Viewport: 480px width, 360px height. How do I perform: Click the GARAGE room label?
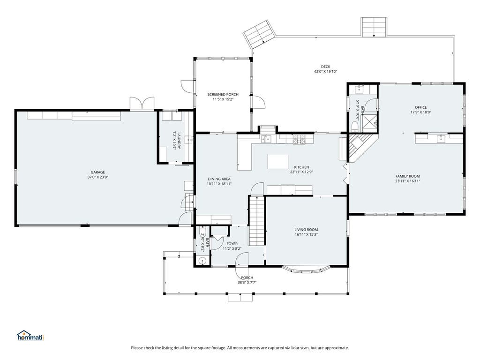(x=97, y=172)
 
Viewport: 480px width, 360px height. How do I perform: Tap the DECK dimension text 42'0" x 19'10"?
(x=325, y=72)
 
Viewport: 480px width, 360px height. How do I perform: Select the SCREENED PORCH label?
(x=223, y=94)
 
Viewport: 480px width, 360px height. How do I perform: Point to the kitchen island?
(x=278, y=161)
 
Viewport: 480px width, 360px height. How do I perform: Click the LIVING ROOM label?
(x=306, y=230)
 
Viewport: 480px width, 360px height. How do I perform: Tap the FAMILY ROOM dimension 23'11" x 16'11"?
(x=407, y=181)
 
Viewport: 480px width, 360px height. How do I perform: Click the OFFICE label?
(x=420, y=107)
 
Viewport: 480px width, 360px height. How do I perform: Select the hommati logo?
(x=30, y=336)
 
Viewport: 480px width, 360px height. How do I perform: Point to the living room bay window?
(x=306, y=270)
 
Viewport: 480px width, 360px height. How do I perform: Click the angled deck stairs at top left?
(x=259, y=34)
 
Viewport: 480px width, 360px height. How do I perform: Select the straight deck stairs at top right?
(x=374, y=27)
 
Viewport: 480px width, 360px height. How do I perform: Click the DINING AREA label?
(x=219, y=179)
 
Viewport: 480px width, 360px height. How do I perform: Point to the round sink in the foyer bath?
(x=202, y=261)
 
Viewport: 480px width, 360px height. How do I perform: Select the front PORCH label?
(x=247, y=277)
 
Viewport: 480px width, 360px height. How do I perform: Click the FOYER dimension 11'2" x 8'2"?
(x=232, y=249)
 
